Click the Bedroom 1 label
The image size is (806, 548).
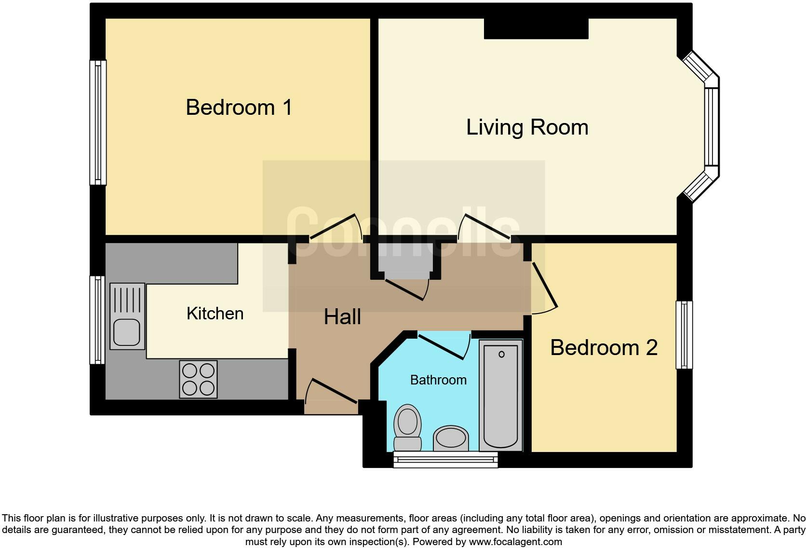tap(239, 107)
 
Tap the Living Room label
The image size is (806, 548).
tap(527, 127)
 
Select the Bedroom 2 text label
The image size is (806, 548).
tap(604, 347)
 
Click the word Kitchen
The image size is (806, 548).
tap(215, 314)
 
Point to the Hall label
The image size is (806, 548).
tap(342, 317)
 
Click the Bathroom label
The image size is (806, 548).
tap(438, 380)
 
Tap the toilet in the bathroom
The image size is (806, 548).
tap(407, 427)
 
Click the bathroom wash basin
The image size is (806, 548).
tap(451, 438)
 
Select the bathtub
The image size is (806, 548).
tap(501, 395)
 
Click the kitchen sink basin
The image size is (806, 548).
tap(127, 333)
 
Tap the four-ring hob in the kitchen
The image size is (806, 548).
tap(198, 379)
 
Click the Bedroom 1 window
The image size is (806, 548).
tap(98, 123)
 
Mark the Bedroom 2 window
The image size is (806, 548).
tap(684, 335)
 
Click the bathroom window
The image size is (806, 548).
tap(445, 459)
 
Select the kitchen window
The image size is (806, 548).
tap(97, 320)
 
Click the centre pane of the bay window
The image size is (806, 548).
tap(712, 126)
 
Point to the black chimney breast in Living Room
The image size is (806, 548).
tap(536, 28)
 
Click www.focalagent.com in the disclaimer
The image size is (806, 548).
tap(515, 542)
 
